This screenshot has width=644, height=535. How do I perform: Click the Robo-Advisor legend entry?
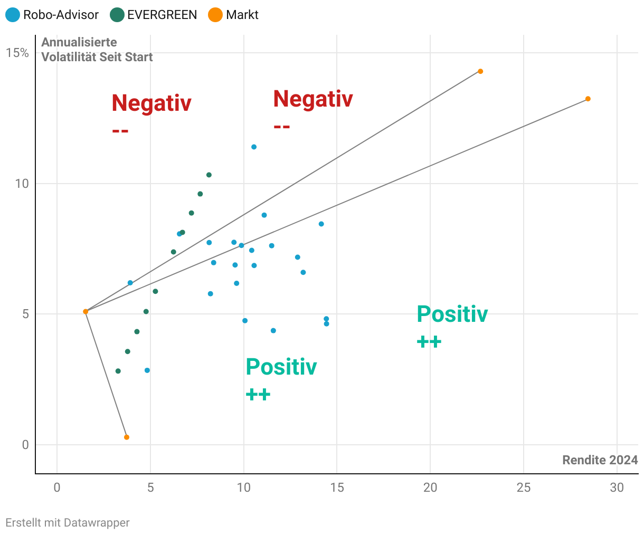53,15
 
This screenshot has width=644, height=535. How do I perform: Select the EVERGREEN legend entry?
154,15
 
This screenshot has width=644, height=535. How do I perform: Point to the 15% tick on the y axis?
17,53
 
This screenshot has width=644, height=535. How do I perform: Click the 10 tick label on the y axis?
21,184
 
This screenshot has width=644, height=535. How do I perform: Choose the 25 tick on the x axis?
524,488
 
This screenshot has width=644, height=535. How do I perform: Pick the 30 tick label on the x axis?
617,488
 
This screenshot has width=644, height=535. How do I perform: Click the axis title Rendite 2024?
600,460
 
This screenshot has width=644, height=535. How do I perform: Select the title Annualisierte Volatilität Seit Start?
97,50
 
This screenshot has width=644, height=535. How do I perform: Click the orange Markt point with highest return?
588,99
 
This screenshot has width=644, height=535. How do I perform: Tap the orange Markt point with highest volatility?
480,71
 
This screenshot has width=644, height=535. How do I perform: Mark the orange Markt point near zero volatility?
127,437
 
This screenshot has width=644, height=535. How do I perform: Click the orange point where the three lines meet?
86,312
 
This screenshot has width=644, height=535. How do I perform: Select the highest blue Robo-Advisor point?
254,147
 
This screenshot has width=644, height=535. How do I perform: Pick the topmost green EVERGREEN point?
209,175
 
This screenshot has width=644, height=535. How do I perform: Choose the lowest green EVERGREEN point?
118,371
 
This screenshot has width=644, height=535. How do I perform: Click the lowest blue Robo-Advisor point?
147,370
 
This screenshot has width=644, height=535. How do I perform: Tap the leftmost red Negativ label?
151,103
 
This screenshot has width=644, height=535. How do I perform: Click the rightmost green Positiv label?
452,314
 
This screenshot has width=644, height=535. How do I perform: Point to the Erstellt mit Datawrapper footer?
68,523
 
